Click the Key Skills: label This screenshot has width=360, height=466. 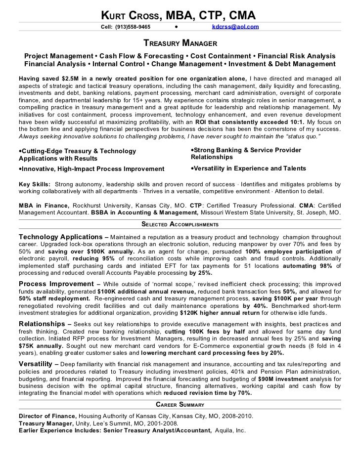point(34,184)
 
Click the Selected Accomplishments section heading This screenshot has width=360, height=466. point(180,224)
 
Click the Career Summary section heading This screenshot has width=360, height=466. point(180,404)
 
